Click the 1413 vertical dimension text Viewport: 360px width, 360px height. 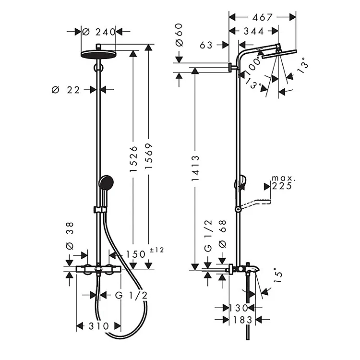click(x=195, y=168)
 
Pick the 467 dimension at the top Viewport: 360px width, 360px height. click(x=263, y=17)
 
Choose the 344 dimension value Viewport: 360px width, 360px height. click(x=254, y=31)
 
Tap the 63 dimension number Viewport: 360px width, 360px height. click(x=206, y=45)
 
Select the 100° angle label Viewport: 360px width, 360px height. click(x=253, y=63)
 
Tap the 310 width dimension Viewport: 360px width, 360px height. click(x=98, y=326)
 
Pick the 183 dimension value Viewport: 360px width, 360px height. click(x=239, y=319)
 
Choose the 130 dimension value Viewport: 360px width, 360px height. click(x=238, y=307)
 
